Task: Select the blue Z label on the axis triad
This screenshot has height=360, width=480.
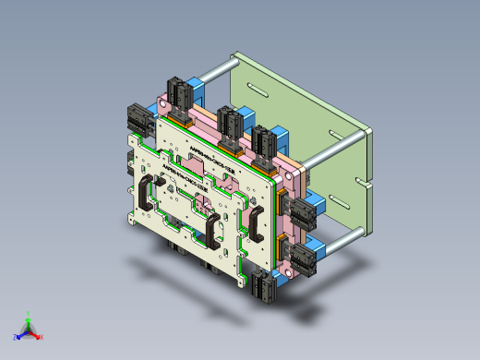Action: click(x=16, y=338)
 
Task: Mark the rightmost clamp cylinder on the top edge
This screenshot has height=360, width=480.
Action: click(x=265, y=142)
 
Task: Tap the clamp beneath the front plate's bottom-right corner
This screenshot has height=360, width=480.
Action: click(x=262, y=289)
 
